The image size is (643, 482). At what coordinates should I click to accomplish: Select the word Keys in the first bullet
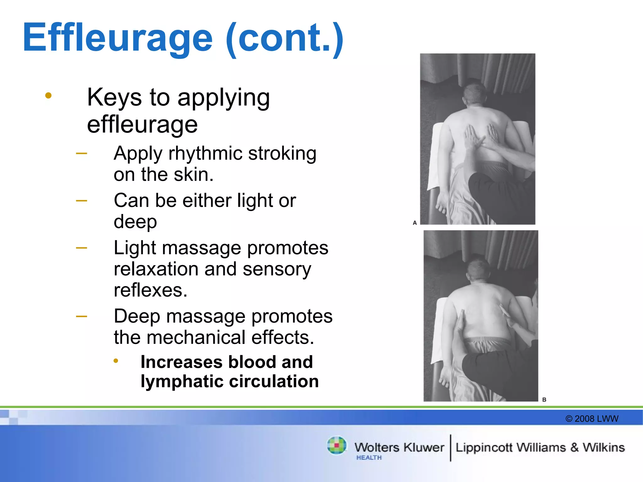pos(114,97)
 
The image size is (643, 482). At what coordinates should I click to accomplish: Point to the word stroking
pos(282,153)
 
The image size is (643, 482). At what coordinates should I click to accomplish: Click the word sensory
pos(277,269)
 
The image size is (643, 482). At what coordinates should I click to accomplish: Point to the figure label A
pos(415,223)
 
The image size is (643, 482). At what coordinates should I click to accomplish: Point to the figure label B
pos(544,399)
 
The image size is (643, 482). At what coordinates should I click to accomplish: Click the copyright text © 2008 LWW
pos(592,419)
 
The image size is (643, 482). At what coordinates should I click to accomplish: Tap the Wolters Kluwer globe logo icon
pos(337,445)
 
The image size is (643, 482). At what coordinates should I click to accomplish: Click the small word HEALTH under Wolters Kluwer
pos(369,458)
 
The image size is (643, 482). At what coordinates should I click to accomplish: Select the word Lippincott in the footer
pos(484,447)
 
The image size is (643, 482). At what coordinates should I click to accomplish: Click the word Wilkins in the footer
pos(603,447)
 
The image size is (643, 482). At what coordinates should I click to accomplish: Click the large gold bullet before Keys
pos(48,95)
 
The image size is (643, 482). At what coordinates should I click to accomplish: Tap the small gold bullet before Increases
pos(116,361)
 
